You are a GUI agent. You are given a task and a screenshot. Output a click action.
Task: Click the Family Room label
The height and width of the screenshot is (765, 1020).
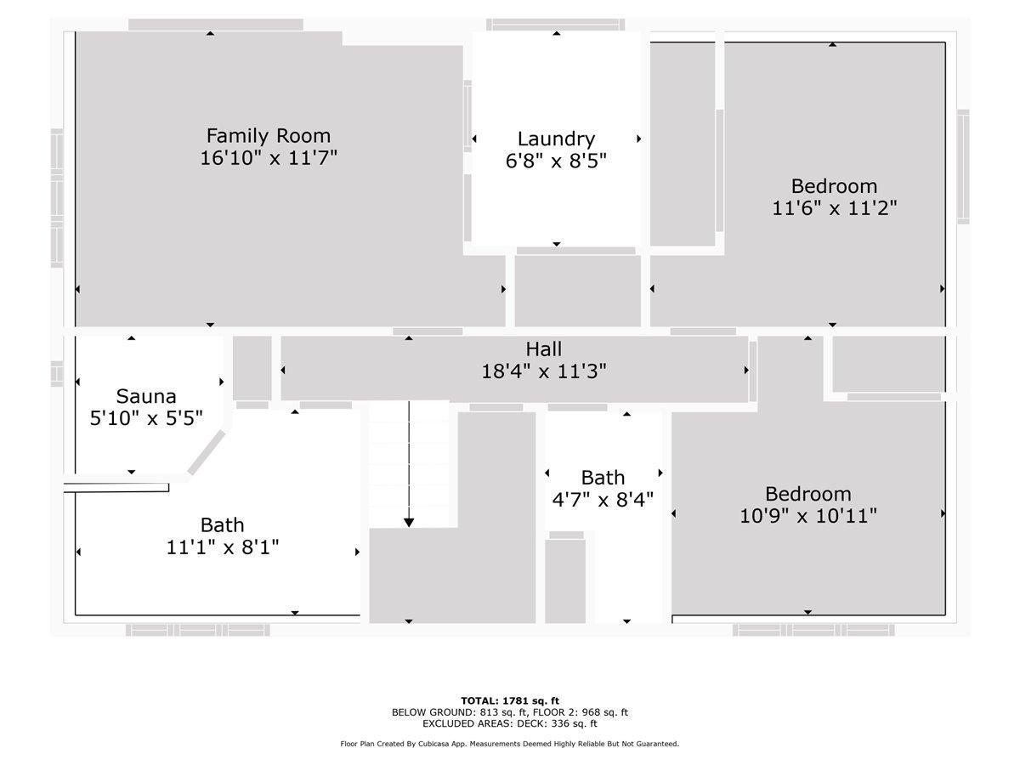(269, 136)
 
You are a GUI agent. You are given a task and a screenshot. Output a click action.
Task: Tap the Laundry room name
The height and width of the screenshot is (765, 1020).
(556, 139)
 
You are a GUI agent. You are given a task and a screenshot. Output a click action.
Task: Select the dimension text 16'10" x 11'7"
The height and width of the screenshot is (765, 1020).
(269, 158)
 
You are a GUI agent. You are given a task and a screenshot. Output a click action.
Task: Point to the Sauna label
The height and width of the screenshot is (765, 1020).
(146, 396)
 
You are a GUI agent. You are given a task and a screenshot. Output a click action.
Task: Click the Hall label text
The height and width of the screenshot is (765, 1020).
(543, 349)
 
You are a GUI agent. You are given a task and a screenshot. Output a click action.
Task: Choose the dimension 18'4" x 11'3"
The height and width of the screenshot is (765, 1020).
(543, 371)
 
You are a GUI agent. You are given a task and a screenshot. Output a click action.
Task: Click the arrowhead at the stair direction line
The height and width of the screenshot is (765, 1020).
(409, 521)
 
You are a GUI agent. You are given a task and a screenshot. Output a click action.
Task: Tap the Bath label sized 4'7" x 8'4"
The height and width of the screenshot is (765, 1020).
(603, 478)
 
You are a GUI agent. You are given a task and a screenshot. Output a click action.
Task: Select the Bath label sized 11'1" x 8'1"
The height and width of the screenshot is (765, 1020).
(222, 525)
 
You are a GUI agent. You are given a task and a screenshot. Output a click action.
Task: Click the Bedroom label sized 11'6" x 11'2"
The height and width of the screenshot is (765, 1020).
(834, 186)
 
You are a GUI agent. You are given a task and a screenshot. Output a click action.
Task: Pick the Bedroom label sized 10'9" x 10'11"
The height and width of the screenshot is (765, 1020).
(807, 494)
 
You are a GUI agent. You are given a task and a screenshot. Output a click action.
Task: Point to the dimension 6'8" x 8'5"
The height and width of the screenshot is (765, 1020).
(556, 161)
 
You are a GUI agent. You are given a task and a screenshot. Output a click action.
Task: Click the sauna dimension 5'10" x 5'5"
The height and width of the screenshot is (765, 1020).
(146, 418)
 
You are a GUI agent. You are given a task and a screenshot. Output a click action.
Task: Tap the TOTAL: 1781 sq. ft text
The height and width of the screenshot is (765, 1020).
(510, 700)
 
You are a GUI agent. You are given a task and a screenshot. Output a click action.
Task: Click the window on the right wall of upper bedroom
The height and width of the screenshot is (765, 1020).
(963, 167)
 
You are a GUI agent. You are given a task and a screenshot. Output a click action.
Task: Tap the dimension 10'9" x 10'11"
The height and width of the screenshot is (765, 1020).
(807, 516)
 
